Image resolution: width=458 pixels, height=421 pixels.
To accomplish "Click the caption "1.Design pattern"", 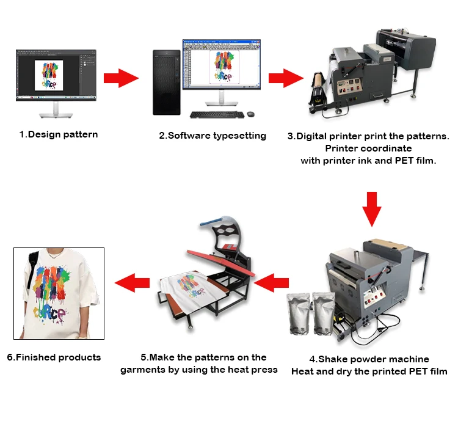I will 58,134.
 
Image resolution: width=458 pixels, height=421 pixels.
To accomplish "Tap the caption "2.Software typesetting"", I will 213,136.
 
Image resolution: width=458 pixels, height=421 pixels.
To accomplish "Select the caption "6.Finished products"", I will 54,357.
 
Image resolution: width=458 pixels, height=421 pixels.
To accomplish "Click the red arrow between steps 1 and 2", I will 120,78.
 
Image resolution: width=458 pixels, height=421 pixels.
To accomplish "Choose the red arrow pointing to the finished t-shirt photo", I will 133,282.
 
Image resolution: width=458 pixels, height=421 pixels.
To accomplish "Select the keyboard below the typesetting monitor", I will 211,114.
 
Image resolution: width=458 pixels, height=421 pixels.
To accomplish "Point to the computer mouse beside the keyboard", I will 250,114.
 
